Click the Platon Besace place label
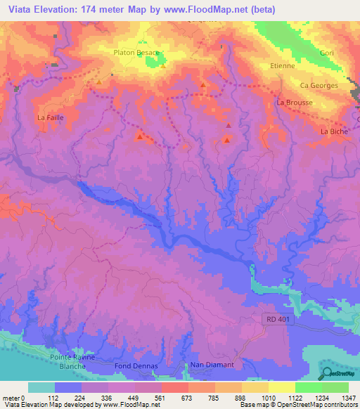[137, 52]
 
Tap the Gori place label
[326, 53]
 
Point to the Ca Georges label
[319, 86]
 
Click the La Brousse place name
[294, 103]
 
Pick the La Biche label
[334, 131]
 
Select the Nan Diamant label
[212, 365]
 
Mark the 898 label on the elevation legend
[241, 397]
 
